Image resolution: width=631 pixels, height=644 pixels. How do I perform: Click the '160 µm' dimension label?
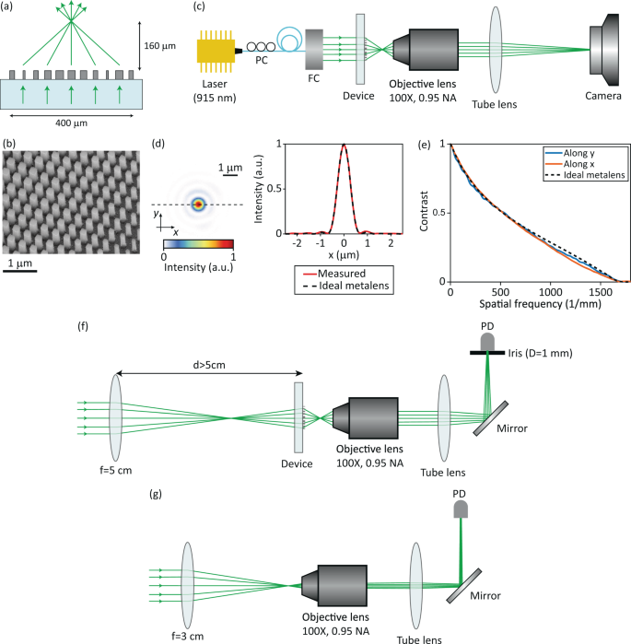[159, 43]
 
